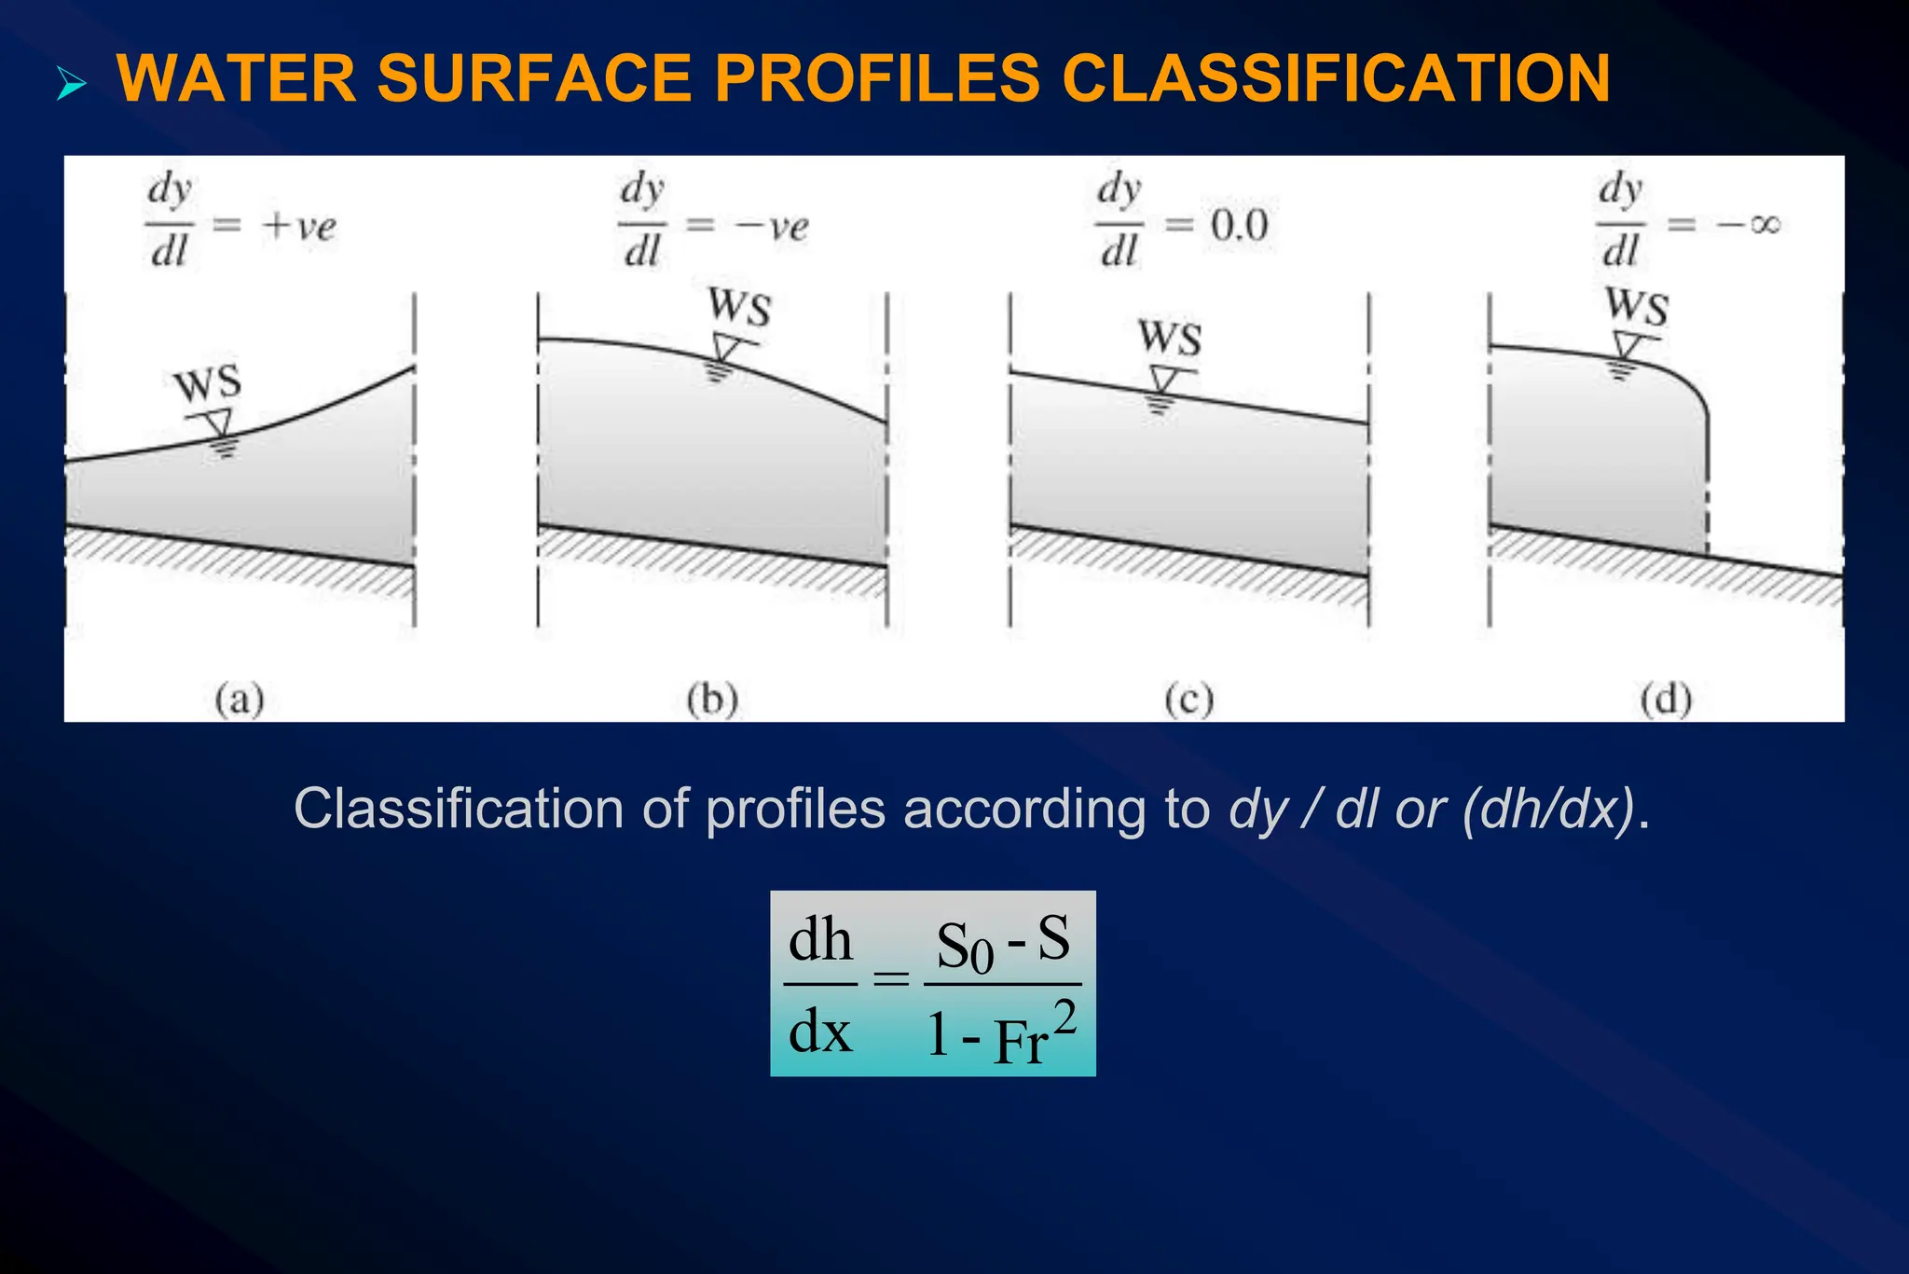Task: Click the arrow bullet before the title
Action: tap(71, 84)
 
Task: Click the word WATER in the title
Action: tap(236, 78)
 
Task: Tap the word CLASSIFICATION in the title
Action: tap(1335, 78)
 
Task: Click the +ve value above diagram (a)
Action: tap(299, 227)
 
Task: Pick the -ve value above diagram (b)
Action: tap(772, 227)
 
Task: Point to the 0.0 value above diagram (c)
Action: tap(1240, 227)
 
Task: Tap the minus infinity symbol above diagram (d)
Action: tap(1750, 225)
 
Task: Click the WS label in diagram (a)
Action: tap(208, 384)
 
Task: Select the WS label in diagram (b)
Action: tap(739, 307)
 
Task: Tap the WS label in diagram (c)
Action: tap(1169, 338)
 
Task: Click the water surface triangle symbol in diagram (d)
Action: tap(1627, 347)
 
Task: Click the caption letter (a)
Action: tap(240, 699)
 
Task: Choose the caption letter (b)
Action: tap(712, 699)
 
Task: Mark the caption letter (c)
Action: tap(1188, 699)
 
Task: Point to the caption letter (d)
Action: tap(1666, 699)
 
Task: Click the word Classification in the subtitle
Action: tap(458, 808)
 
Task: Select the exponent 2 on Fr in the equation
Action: tap(1064, 1018)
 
